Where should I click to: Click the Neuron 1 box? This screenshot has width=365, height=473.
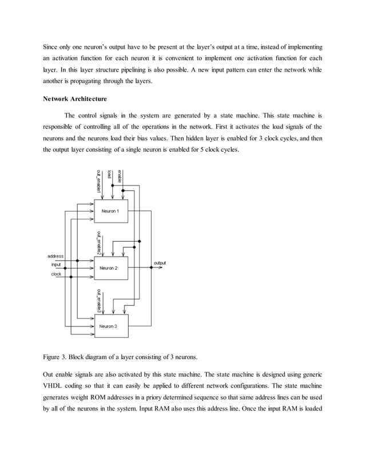point(110,211)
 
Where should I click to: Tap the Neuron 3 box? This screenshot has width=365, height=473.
point(108,326)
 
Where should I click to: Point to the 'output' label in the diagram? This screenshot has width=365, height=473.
point(160,263)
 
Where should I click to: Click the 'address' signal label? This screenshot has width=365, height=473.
point(55,257)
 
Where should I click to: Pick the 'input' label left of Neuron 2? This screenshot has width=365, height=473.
point(56,265)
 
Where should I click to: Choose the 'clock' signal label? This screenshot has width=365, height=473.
point(56,273)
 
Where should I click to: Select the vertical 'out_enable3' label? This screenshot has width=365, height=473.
point(99,299)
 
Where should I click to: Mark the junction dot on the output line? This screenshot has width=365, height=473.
point(142,267)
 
